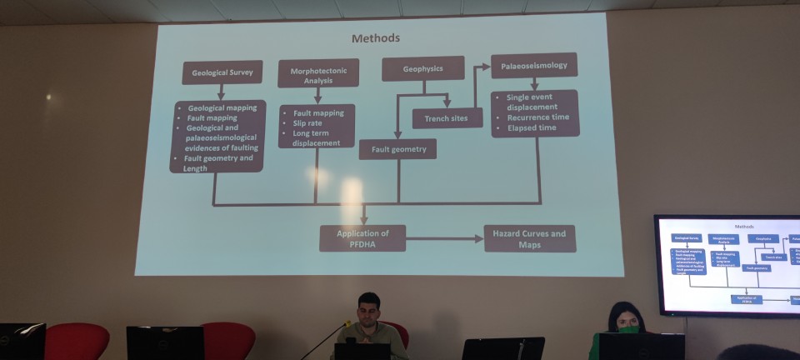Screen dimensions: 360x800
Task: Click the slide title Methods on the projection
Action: [x=375, y=38]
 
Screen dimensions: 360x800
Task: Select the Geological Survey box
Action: [x=222, y=72]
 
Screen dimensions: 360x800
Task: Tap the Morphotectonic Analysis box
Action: [x=318, y=72]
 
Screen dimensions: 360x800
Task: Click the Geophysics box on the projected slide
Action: [x=422, y=68]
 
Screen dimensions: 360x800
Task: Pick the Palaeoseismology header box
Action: [x=533, y=65]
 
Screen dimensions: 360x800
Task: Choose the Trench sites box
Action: [x=447, y=118]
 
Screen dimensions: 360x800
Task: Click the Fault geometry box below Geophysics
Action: [x=397, y=149]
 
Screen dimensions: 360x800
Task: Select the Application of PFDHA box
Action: [x=362, y=238]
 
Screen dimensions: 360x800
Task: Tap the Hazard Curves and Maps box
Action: [x=529, y=238]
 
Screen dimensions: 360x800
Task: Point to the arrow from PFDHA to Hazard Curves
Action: [x=445, y=238]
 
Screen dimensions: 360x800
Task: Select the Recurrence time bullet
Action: [x=538, y=117]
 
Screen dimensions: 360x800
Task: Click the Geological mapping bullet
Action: [x=222, y=108]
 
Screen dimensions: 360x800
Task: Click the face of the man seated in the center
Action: [x=368, y=310]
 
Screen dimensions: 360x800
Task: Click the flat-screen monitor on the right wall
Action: [x=727, y=265]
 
